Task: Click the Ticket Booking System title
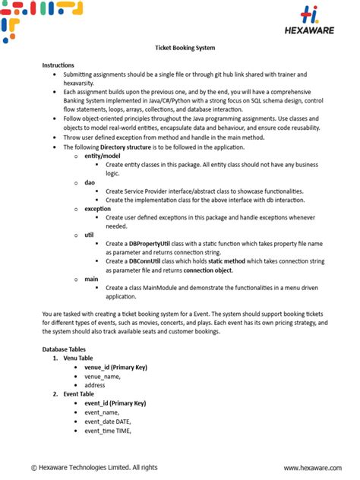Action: [x=180, y=48]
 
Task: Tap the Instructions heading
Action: [x=58, y=65]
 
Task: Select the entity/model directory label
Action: [x=104, y=155]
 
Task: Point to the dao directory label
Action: [x=90, y=182]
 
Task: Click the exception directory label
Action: [x=97, y=208]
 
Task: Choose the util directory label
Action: [x=89, y=235]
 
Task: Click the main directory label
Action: [x=91, y=279]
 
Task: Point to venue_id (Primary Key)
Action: [x=115, y=367]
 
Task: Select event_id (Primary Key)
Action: [x=115, y=403]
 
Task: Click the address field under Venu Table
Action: [x=95, y=385]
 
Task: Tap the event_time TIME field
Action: [x=108, y=431]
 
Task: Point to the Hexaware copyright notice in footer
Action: [x=94, y=467]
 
